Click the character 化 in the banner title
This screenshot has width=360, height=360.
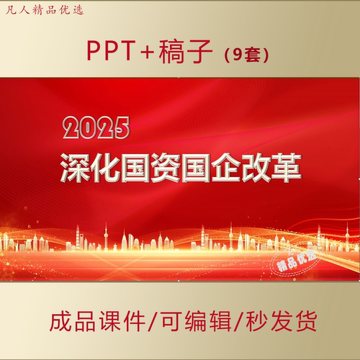(109, 166)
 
